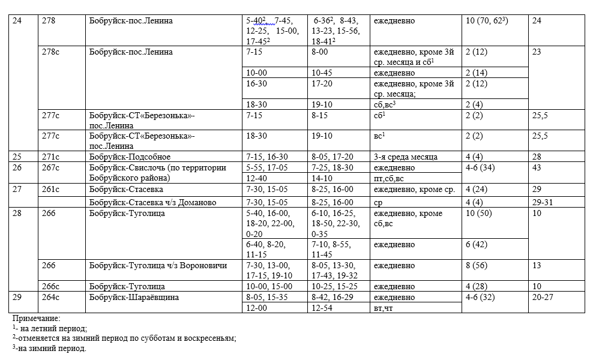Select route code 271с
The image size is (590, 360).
tap(51, 157)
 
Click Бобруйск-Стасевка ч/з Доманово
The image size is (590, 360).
tap(152, 202)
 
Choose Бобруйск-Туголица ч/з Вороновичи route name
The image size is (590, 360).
tap(158, 265)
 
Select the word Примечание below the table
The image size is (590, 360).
tap(36, 319)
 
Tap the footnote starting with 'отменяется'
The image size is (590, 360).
tap(126, 338)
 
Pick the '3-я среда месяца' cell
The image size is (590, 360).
tap(405, 157)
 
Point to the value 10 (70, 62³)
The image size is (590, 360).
tap(487, 21)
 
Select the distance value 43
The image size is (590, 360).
tap(537, 167)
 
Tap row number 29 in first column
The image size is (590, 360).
tap(16, 297)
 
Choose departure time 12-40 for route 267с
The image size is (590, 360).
tap(256, 178)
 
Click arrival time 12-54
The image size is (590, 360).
tap(322, 308)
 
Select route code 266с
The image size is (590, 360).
tap(51, 286)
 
